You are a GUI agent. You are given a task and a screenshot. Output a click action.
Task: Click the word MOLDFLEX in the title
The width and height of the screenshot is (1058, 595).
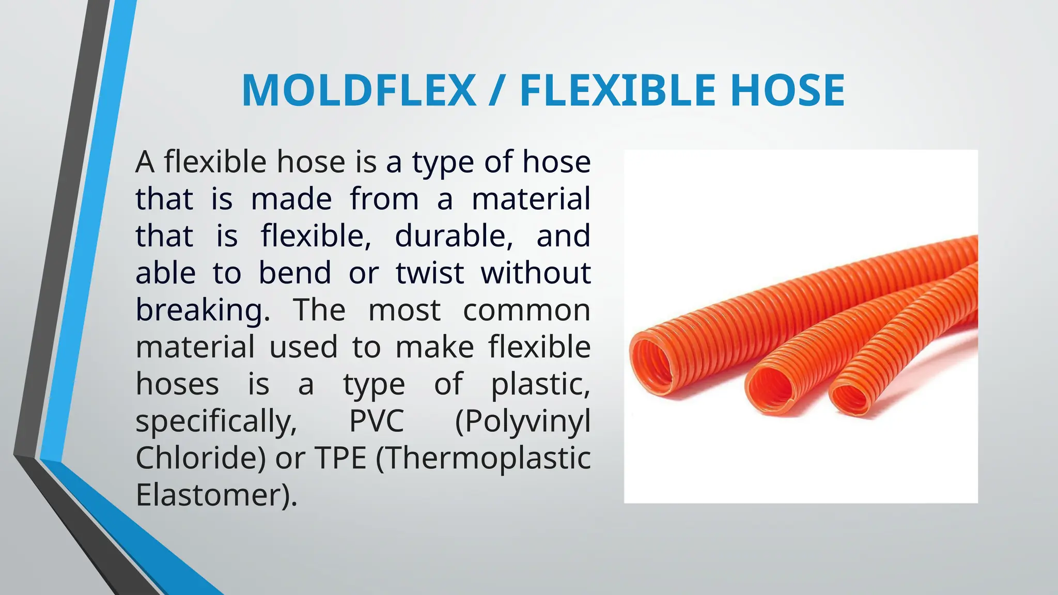click(359, 91)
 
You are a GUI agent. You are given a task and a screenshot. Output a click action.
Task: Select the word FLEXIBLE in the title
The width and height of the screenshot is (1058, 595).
click(618, 91)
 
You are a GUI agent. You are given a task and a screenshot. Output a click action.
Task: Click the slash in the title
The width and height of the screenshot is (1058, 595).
click(497, 91)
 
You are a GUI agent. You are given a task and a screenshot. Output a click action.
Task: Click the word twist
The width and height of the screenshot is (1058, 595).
click(430, 273)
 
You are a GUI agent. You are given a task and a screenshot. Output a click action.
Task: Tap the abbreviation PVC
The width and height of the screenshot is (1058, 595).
click(376, 421)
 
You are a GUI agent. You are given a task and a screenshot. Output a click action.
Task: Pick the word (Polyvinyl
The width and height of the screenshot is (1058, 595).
click(523, 421)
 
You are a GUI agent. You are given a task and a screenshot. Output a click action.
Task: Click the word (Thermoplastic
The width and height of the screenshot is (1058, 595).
click(483, 458)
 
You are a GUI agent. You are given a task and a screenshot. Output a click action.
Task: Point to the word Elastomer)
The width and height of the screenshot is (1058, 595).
click(216, 495)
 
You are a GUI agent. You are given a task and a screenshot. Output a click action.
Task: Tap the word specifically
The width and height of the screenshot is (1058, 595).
click(216, 421)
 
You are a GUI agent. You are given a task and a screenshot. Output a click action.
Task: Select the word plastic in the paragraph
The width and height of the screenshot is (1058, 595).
click(540, 384)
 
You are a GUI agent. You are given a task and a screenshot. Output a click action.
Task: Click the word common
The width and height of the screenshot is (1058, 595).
click(526, 310)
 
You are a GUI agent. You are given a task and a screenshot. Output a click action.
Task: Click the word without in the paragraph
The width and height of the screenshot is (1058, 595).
click(536, 273)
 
